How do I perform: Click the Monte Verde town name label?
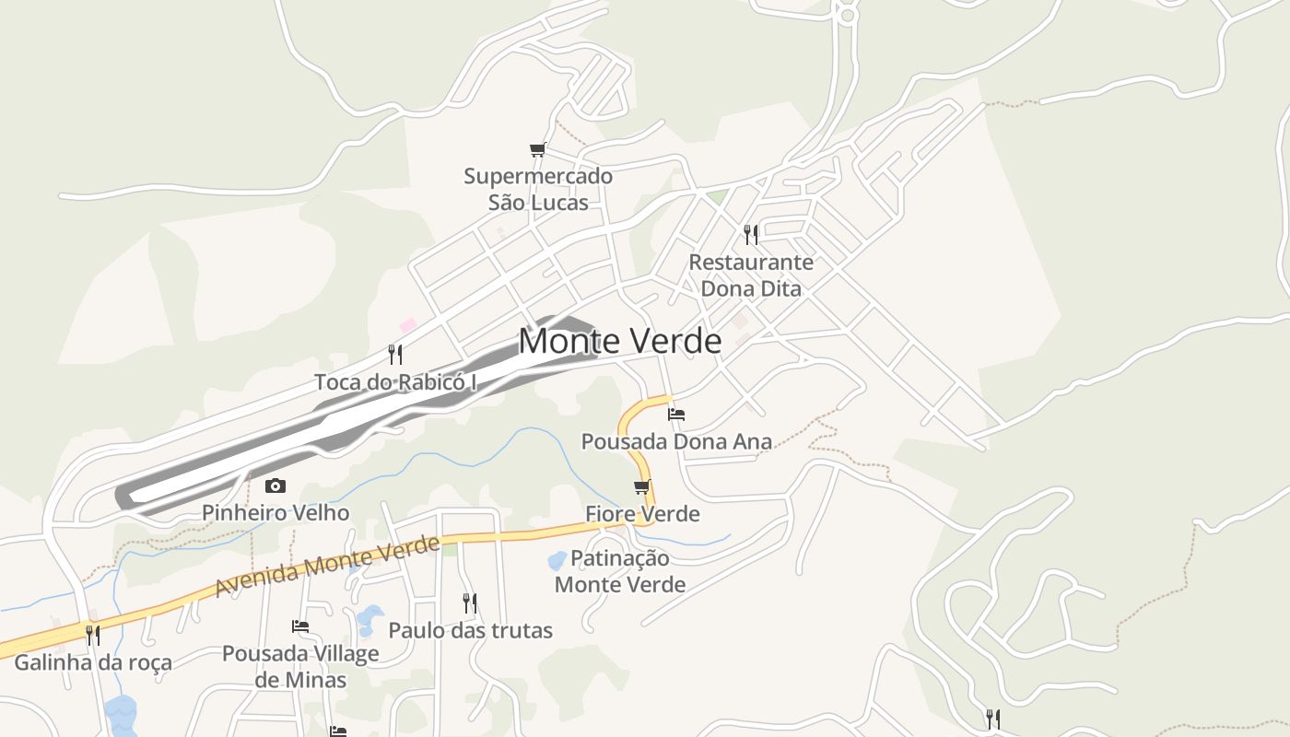click(x=619, y=341)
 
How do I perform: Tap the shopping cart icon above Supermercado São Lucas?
click(x=538, y=149)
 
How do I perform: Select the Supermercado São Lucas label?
click(x=538, y=189)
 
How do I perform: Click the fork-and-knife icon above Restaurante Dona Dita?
click(x=751, y=235)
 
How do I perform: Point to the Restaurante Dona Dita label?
click(x=751, y=275)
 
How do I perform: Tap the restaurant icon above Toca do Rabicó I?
click(x=395, y=355)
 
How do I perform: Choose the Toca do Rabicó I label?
click(x=395, y=381)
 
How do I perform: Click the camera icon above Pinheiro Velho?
click(x=275, y=485)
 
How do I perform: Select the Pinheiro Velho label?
click(x=276, y=512)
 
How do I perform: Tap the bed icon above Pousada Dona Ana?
click(x=676, y=414)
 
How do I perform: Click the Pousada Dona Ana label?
click(x=676, y=441)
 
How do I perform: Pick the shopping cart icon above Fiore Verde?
click(x=642, y=486)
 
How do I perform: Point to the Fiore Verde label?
click(x=642, y=513)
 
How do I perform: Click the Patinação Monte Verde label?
click(x=620, y=571)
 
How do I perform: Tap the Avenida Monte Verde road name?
click(x=327, y=565)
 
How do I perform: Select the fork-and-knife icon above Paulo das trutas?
click(x=470, y=603)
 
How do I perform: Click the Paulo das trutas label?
click(x=470, y=630)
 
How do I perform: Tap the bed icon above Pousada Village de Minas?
click(x=300, y=626)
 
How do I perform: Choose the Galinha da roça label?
click(x=92, y=662)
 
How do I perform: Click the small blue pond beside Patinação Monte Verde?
click(x=557, y=560)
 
